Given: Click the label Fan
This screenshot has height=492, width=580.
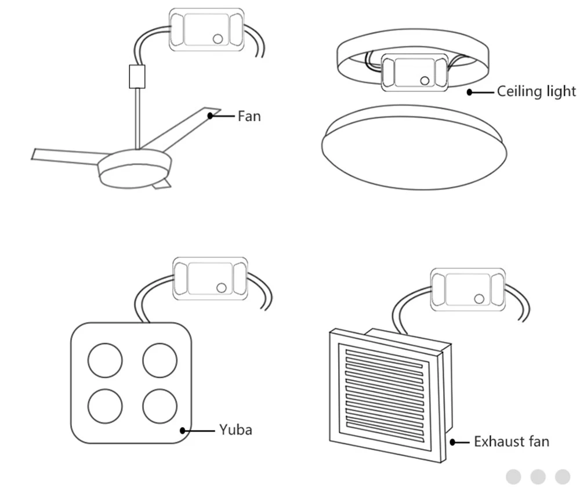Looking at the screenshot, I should pyautogui.click(x=249, y=116).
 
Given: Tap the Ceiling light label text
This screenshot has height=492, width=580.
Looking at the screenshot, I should pyautogui.click(x=536, y=92).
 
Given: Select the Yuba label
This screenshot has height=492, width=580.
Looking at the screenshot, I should pyautogui.click(x=235, y=430).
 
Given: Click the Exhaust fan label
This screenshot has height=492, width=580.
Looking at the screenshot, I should pyautogui.click(x=511, y=442).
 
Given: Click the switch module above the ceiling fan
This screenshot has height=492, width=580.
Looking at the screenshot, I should pyautogui.click(x=206, y=28).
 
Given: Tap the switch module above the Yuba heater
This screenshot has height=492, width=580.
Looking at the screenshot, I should pyautogui.click(x=210, y=279).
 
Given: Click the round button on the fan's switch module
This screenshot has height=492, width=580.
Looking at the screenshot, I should pyautogui.click(x=218, y=39).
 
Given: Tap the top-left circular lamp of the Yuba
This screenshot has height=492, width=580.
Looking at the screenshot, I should pyautogui.click(x=105, y=360).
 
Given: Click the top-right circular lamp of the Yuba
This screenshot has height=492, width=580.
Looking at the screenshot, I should pyautogui.click(x=159, y=360).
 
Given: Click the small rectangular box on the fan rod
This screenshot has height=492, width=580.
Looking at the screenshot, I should pyautogui.click(x=136, y=77).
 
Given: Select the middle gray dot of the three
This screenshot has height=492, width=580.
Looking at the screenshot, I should pyautogui.click(x=538, y=476).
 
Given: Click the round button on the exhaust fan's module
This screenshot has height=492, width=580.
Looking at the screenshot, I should pyautogui.click(x=479, y=299).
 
